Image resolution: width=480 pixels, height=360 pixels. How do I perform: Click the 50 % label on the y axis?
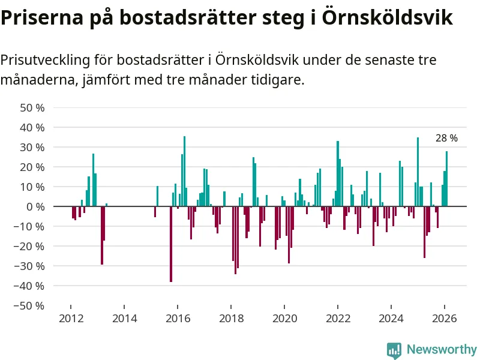coord(32,108)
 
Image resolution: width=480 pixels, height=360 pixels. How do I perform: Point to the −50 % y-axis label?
coord(30,305)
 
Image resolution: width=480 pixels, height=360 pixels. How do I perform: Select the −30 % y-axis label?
coord(30,266)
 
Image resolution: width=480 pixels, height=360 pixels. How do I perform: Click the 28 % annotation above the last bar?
coord(446,139)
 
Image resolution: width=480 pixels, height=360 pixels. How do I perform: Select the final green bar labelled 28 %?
coord(446,179)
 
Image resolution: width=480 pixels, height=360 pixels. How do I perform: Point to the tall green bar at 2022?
coord(338,173)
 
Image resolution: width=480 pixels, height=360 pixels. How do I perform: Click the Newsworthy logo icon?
coord(394,350)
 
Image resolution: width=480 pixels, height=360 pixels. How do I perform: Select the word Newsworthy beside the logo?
coord(442,350)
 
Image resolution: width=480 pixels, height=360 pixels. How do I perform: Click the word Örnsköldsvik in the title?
coord(387,17)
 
